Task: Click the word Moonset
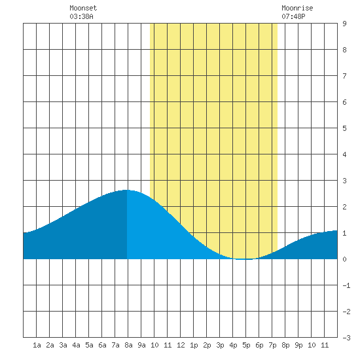click(x=83, y=9)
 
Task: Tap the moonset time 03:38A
click(x=81, y=16)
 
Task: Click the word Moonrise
click(x=297, y=9)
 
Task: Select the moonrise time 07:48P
click(x=293, y=16)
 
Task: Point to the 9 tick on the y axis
click(x=344, y=24)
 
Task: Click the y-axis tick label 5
click(x=344, y=128)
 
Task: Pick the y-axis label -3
click(x=346, y=338)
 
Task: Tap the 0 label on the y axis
click(x=344, y=259)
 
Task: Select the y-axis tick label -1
click(x=346, y=285)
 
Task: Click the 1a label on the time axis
click(x=37, y=345)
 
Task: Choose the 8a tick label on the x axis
click(x=128, y=345)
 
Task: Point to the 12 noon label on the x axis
click(x=181, y=345)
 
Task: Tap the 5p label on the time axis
click(x=246, y=345)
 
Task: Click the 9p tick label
click(x=298, y=345)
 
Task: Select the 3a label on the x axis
click(x=63, y=345)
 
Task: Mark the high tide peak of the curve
click(x=126, y=190)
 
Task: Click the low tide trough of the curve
click(x=242, y=259)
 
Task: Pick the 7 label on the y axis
click(x=344, y=76)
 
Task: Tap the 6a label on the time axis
click(x=102, y=345)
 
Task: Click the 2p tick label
click(x=207, y=345)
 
